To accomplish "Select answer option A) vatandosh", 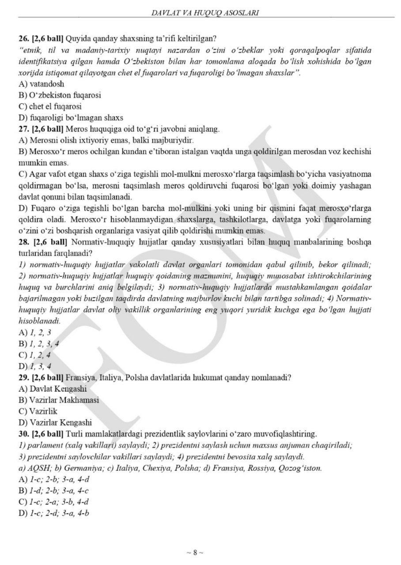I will (41, 83).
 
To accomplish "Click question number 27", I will (23, 129).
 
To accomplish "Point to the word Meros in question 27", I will (74, 129).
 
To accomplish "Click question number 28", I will (23, 242).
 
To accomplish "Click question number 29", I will (23, 377).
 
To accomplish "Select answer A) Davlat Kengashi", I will (52, 389).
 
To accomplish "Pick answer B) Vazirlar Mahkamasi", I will (58, 400).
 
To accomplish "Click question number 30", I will (23, 434).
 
